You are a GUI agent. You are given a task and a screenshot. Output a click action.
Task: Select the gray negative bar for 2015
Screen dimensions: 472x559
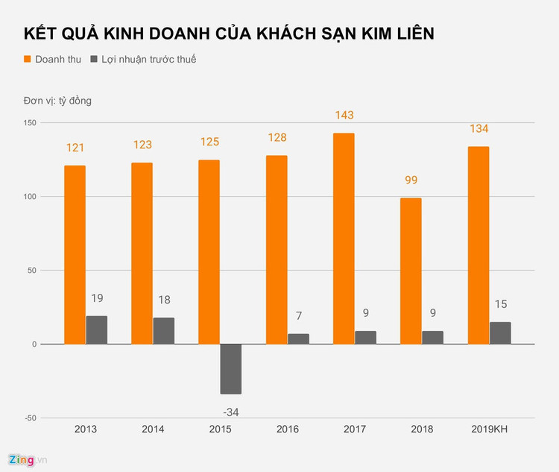click(x=231, y=369)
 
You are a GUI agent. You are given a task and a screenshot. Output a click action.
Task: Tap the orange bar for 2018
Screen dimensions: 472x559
click(x=411, y=271)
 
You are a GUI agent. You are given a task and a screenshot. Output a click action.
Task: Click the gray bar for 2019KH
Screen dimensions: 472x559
click(x=500, y=333)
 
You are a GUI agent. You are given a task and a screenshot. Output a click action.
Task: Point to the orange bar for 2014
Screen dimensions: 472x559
click(x=142, y=254)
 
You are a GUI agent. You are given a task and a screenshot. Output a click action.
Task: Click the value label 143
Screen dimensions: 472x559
click(x=344, y=116)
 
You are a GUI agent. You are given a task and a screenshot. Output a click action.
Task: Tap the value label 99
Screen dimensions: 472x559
click(x=411, y=180)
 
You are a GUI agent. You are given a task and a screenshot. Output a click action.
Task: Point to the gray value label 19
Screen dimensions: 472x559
click(x=97, y=298)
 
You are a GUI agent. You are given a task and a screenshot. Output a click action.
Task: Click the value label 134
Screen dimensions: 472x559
click(x=478, y=129)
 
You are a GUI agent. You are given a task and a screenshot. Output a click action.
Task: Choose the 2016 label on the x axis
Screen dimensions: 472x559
click(x=288, y=429)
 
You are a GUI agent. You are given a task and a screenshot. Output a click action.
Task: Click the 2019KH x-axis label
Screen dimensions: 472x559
click(x=489, y=429)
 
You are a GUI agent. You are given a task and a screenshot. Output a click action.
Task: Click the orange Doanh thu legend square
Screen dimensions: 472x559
click(x=28, y=59)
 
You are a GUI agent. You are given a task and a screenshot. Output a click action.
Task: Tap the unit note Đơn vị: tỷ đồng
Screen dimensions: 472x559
click(x=57, y=101)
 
